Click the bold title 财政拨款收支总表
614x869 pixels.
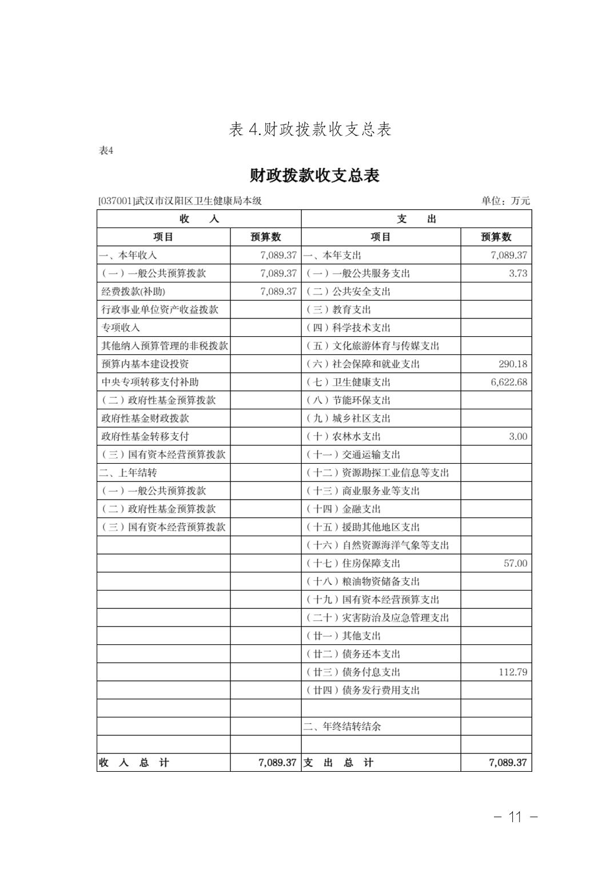(314, 175)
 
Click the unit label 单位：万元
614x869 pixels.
(505, 201)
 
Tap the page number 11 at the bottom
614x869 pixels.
(515, 816)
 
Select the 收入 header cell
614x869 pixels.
(199, 219)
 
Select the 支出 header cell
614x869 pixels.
(416, 219)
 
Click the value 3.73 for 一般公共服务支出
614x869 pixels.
(517, 273)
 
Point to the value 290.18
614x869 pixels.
(512, 364)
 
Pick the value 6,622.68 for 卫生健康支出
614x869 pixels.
(509, 382)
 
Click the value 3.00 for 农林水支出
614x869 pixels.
(517, 436)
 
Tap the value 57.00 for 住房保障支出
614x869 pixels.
(515, 563)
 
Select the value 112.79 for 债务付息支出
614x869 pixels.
(512, 672)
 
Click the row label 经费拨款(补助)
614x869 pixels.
(133, 292)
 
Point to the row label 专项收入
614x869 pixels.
(121, 328)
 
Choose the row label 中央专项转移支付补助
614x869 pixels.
(150, 382)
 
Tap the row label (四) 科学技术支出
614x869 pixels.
(349, 328)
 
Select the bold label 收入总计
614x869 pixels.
(134, 763)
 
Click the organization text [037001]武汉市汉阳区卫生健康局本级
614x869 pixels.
(180, 201)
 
